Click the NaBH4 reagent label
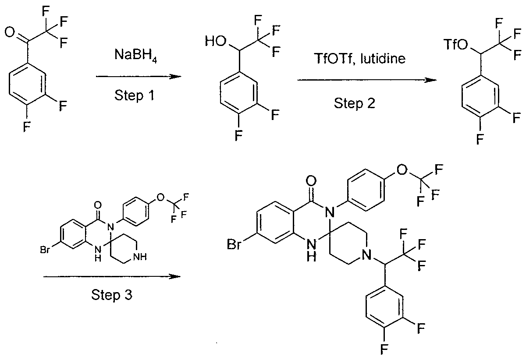tap(135, 56)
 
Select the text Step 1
tap(134, 95)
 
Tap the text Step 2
tap(354, 103)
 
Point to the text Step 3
tap(112, 295)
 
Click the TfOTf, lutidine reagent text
tap(359, 58)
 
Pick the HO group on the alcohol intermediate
tap(216, 41)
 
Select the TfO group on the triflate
tap(455, 44)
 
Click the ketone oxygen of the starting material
tap(10, 32)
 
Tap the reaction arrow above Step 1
tap(139, 77)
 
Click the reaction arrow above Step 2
tap(367, 80)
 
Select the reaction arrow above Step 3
tap(112, 277)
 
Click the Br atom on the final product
tap(234, 244)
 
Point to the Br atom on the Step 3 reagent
tap(45, 250)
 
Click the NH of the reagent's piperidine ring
tap(140, 257)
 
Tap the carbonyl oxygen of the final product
tap(311, 181)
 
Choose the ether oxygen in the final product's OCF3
tap(402, 169)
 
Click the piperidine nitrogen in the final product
tap(366, 254)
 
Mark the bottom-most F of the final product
tap(384, 349)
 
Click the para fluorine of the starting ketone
tap(27, 127)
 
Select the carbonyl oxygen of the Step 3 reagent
tap(98, 205)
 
